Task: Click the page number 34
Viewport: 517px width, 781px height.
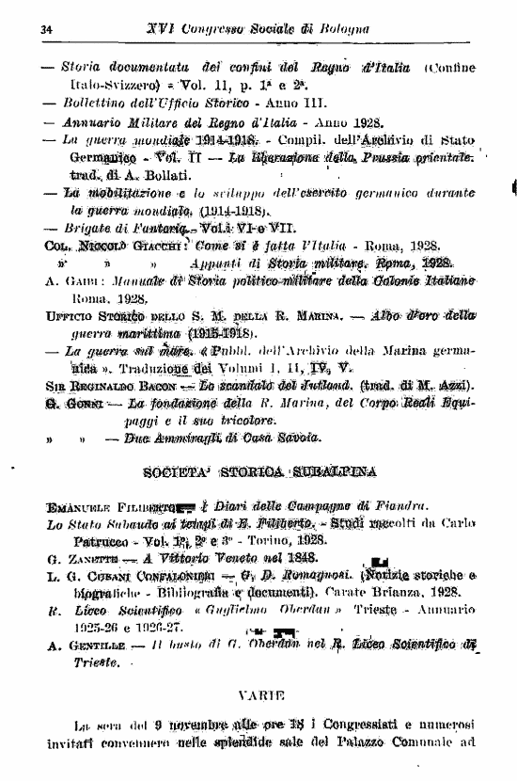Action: click(x=45, y=30)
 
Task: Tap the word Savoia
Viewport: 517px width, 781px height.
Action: click(x=299, y=436)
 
